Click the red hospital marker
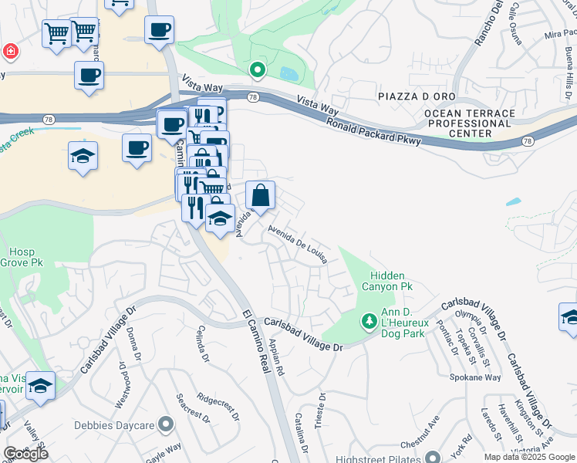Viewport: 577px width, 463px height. pos(10,52)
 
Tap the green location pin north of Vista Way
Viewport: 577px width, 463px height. pos(257,71)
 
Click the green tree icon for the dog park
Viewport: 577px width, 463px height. pos(369,319)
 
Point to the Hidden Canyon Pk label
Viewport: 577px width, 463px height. pos(391,281)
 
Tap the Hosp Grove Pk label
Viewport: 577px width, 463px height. pos(26,258)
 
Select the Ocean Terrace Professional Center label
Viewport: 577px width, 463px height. pos(469,123)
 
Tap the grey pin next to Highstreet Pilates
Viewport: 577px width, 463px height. pos(432,458)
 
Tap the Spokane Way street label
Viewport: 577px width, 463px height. pos(475,377)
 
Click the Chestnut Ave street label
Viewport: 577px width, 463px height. pos(420,444)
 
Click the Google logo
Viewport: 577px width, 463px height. pos(25,454)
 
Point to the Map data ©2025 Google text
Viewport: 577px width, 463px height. pos(529,457)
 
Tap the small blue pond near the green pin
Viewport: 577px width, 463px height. pos(290,74)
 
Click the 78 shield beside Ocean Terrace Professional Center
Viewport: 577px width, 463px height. pos(528,141)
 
